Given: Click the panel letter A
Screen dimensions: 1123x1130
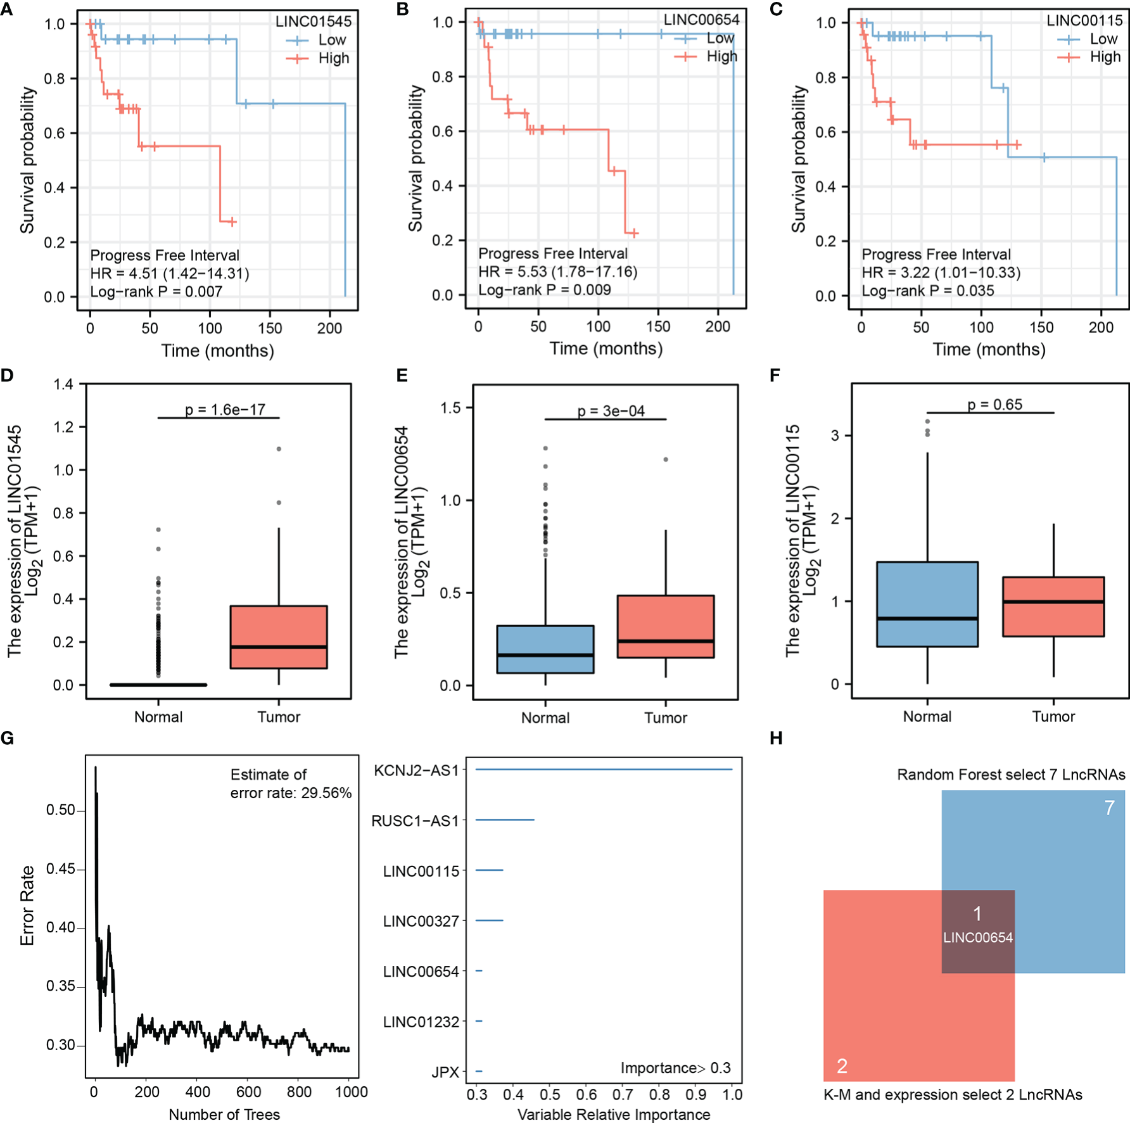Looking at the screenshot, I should (x=7, y=10).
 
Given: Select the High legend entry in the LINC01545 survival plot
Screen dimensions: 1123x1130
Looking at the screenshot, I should (x=333, y=58).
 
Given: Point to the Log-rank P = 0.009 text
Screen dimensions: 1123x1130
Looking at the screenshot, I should (x=544, y=290).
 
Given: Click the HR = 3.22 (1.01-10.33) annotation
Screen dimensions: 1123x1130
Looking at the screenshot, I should (x=941, y=272).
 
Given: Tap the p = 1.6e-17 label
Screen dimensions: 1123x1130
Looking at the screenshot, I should (x=225, y=410).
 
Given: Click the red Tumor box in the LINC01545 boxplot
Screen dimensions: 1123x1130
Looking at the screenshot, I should (x=279, y=637).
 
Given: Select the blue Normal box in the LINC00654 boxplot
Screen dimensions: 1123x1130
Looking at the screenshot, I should (x=545, y=649).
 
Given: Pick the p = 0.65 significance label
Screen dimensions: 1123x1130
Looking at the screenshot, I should (x=994, y=405).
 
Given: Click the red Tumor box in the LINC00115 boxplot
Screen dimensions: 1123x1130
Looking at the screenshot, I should (x=1053, y=606).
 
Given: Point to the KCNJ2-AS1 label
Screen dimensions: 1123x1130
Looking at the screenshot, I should (x=416, y=770).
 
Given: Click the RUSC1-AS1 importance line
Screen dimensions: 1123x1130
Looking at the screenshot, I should (x=505, y=820).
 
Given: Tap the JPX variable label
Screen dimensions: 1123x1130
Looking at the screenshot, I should (x=445, y=1072).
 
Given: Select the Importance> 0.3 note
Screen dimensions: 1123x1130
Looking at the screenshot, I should (x=675, y=1068).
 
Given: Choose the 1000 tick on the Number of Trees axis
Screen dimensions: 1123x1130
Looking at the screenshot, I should (x=352, y=1092).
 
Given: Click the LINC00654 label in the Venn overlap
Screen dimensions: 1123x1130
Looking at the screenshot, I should (x=978, y=938).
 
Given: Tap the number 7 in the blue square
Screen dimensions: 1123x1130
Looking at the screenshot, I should (x=1109, y=808).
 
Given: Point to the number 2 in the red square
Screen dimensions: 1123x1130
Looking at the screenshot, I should (x=842, y=1066).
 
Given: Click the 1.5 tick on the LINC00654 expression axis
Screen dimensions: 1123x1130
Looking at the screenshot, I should (x=450, y=408).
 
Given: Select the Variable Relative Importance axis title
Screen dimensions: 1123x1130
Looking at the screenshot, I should (x=614, y=1115).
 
